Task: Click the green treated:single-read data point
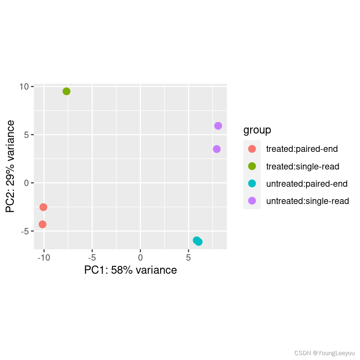pos(66,91)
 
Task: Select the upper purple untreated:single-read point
pos(218,126)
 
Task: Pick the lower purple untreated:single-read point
pos(216,149)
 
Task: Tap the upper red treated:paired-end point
pos(43,207)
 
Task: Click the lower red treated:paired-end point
pos(42,224)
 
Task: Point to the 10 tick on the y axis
pos(24,87)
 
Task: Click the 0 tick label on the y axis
pos(26,183)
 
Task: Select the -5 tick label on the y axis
pos(25,231)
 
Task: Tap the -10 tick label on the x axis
pos(44,258)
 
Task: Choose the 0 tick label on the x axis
pos(140,258)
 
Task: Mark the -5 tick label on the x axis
pos(92,258)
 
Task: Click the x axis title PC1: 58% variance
pos(130,270)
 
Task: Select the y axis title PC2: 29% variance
pos(10,166)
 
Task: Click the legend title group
pos(257,130)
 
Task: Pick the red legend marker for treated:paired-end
pos(252,149)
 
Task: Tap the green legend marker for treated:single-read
pos(252,166)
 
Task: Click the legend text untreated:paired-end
pos(307,184)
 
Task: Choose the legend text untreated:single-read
pos(307,201)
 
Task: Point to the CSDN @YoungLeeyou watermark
pos(324,353)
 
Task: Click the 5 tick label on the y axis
pos(26,135)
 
